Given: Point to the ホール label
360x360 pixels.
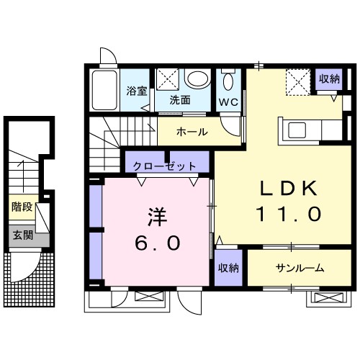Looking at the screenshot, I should tap(192, 132).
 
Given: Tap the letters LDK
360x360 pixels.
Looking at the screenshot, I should tap(288, 188).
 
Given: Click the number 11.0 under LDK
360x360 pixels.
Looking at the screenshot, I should tap(288, 214).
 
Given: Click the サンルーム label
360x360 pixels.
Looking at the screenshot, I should tap(300, 268).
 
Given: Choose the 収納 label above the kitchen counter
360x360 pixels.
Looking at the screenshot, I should tap(329, 79).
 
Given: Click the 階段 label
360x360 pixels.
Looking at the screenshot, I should tap(21, 207).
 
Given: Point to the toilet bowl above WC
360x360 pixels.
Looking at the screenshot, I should tap(229, 80).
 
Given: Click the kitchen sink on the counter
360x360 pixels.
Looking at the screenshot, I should tap(297, 130).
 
